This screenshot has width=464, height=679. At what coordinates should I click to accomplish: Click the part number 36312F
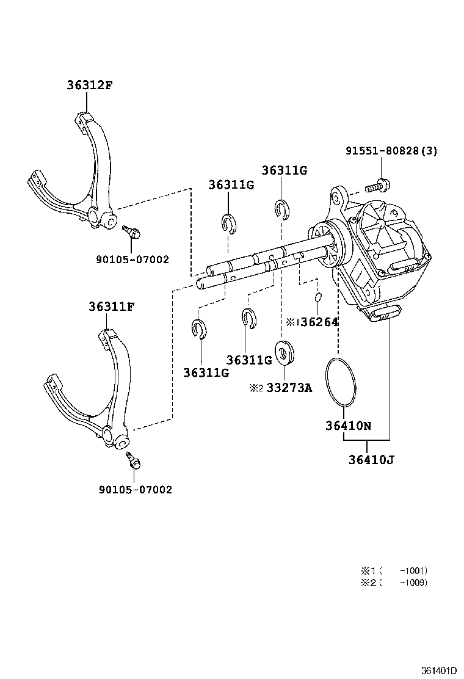pyautogui.click(x=89, y=85)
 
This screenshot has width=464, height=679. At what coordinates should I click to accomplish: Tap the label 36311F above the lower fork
pyautogui.click(x=112, y=307)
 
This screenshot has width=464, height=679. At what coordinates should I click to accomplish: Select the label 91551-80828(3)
pyautogui.click(x=391, y=151)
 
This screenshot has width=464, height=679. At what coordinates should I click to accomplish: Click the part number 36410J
pyautogui.click(x=371, y=459)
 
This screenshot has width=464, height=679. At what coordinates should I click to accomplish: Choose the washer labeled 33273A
pyautogui.click(x=285, y=352)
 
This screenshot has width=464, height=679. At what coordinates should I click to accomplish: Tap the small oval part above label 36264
pyautogui.click(x=318, y=297)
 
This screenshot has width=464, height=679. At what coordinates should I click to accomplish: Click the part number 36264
pyautogui.click(x=320, y=322)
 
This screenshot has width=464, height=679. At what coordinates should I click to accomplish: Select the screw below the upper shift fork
pyautogui.click(x=132, y=231)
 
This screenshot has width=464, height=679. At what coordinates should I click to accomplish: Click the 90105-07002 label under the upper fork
pyautogui.click(x=132, y=260)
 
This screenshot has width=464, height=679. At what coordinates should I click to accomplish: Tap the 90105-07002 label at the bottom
pyautogui.click(x=136, y=490)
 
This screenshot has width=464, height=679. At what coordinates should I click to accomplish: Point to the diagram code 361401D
pyautogui.click(x=440, y=671)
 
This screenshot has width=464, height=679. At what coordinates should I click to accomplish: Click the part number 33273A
pyautogui.click(x=289, y=388)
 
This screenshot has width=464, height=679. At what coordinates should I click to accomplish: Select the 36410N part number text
pyautogui.click(x=349, y=426)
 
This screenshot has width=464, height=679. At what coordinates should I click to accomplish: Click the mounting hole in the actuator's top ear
pyautogui.click(x=335, y=197)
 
